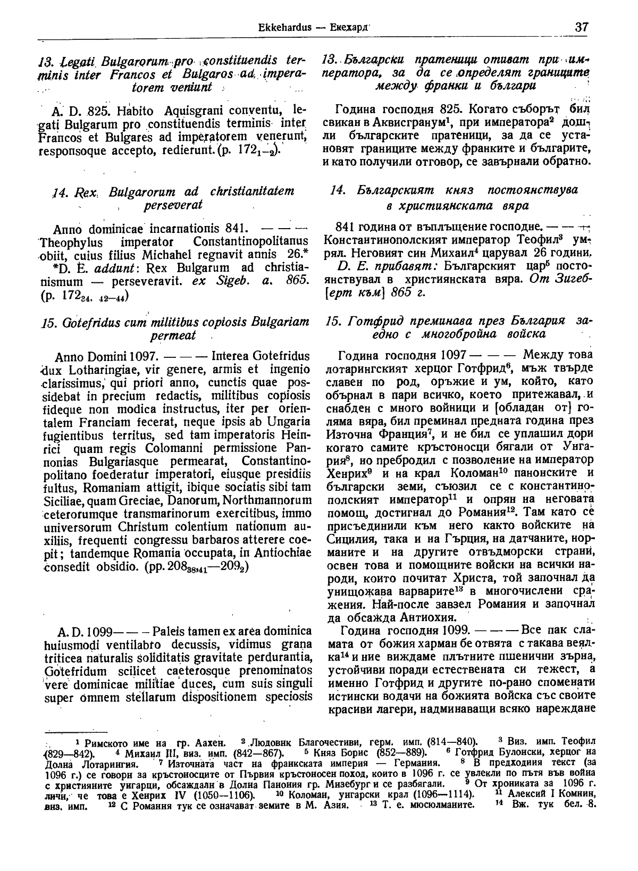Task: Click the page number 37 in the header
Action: pos(581,27)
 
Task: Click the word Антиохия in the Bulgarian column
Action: pos(430,618)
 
